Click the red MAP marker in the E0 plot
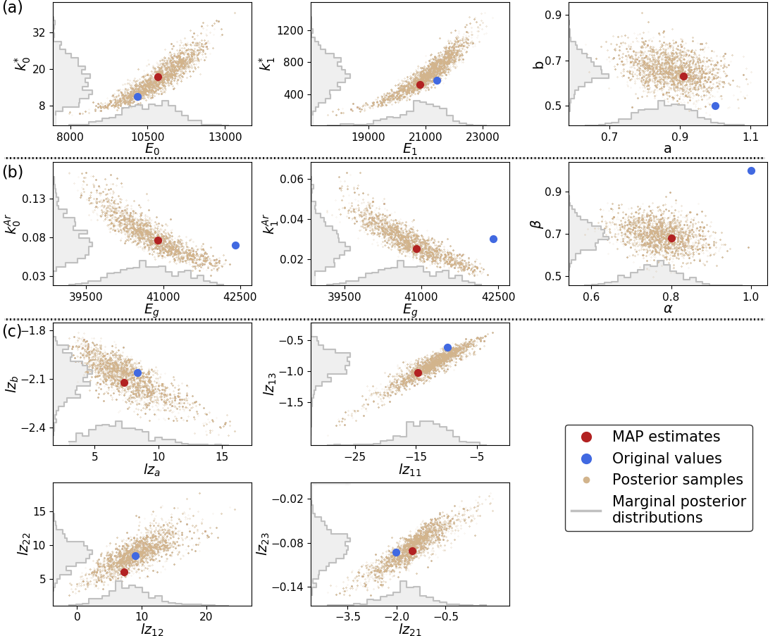(x=158, y=77)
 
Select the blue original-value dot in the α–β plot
(x=751, y=170)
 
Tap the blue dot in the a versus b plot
(x=715, y=106)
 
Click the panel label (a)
(x=13, y=8)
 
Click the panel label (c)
(x=13, y=330)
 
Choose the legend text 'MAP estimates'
(x=666, y=437)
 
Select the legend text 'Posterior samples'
(x=678, y=480)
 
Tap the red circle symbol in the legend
(x=585, y=437)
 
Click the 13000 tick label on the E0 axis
(x=223, y=137)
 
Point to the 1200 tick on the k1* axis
(x=291, y=30)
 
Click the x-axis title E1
(x=409, y=149)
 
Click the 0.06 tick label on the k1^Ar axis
(x=292, y=179)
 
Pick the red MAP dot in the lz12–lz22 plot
(x=124, y=572)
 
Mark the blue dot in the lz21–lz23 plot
(x=396, y=552)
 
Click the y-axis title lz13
(x=268, y=384)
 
